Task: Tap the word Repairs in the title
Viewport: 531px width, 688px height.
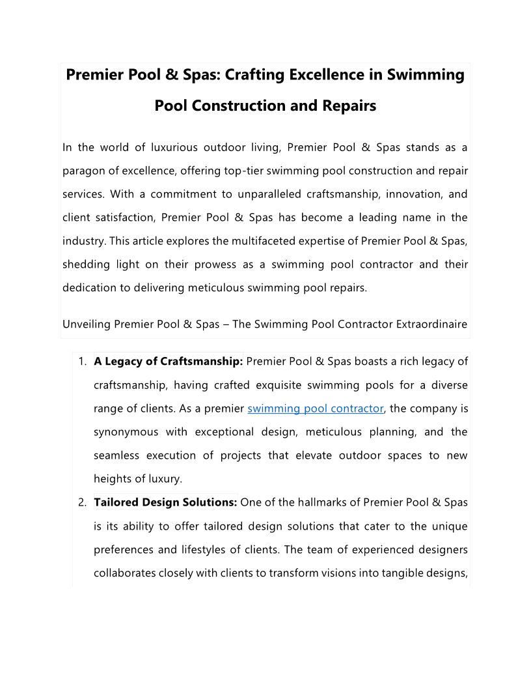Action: [x=350, y=106]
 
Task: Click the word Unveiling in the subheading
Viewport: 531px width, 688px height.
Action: [x=87, y=324]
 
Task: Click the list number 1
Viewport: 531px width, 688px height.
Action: [x=83, y=362]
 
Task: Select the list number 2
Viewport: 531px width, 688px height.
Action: [x=83, y=502]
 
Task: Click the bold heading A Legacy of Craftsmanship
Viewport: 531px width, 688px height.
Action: [x=169, y=362]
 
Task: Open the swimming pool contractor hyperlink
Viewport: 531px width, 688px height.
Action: [x=316, y=408]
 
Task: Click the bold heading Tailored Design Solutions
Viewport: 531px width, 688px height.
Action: [x=165, y=502]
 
